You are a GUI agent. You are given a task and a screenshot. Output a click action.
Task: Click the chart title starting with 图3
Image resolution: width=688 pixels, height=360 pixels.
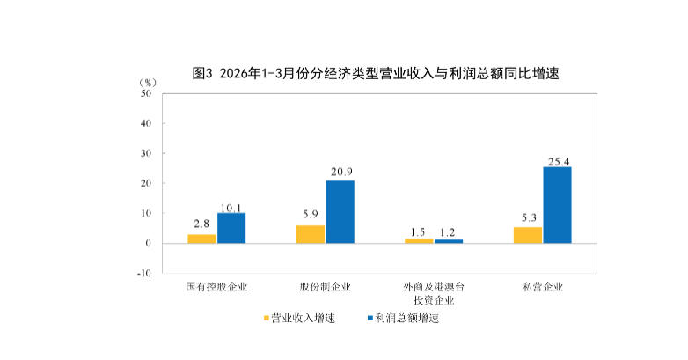(376, 74)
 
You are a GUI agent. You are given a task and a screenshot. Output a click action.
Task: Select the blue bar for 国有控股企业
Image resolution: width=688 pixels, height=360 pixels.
(231, 228)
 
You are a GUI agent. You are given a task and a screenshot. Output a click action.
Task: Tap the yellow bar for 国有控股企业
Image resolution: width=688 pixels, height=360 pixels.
(201, 239)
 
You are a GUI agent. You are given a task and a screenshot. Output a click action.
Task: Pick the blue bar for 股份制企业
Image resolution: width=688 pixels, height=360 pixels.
(340, 211)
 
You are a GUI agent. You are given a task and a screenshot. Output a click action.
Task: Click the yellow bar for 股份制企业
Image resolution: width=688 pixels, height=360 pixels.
(311, 234)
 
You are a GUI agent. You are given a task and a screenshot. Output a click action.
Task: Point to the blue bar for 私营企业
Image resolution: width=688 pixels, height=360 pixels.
(557, 205)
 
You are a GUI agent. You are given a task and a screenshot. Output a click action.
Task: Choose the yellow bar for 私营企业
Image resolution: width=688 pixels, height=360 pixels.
(528, 235)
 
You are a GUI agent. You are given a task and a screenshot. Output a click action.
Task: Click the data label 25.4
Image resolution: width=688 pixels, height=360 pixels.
(557, 161)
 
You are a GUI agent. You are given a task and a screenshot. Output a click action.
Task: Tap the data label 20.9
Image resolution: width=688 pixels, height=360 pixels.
(340, 172)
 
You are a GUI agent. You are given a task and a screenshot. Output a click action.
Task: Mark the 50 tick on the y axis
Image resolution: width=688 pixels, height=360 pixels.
(145, 93)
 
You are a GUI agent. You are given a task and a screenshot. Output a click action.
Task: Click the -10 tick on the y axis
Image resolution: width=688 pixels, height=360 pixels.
(143, 273)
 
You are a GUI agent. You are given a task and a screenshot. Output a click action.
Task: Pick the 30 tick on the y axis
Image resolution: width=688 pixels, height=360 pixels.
(145, 153)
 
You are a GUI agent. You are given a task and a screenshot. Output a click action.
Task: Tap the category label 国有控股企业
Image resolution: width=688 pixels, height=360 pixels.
(216, 287)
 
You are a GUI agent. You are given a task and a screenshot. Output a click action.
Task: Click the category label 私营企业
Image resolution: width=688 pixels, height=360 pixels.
(542, 287)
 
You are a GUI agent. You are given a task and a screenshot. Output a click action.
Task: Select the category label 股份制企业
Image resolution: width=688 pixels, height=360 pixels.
(325, 287)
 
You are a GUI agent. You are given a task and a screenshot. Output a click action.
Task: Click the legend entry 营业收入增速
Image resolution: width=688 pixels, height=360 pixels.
(298, 318)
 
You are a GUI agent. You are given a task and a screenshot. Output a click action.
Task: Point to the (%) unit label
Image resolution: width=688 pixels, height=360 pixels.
(147, 82)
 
